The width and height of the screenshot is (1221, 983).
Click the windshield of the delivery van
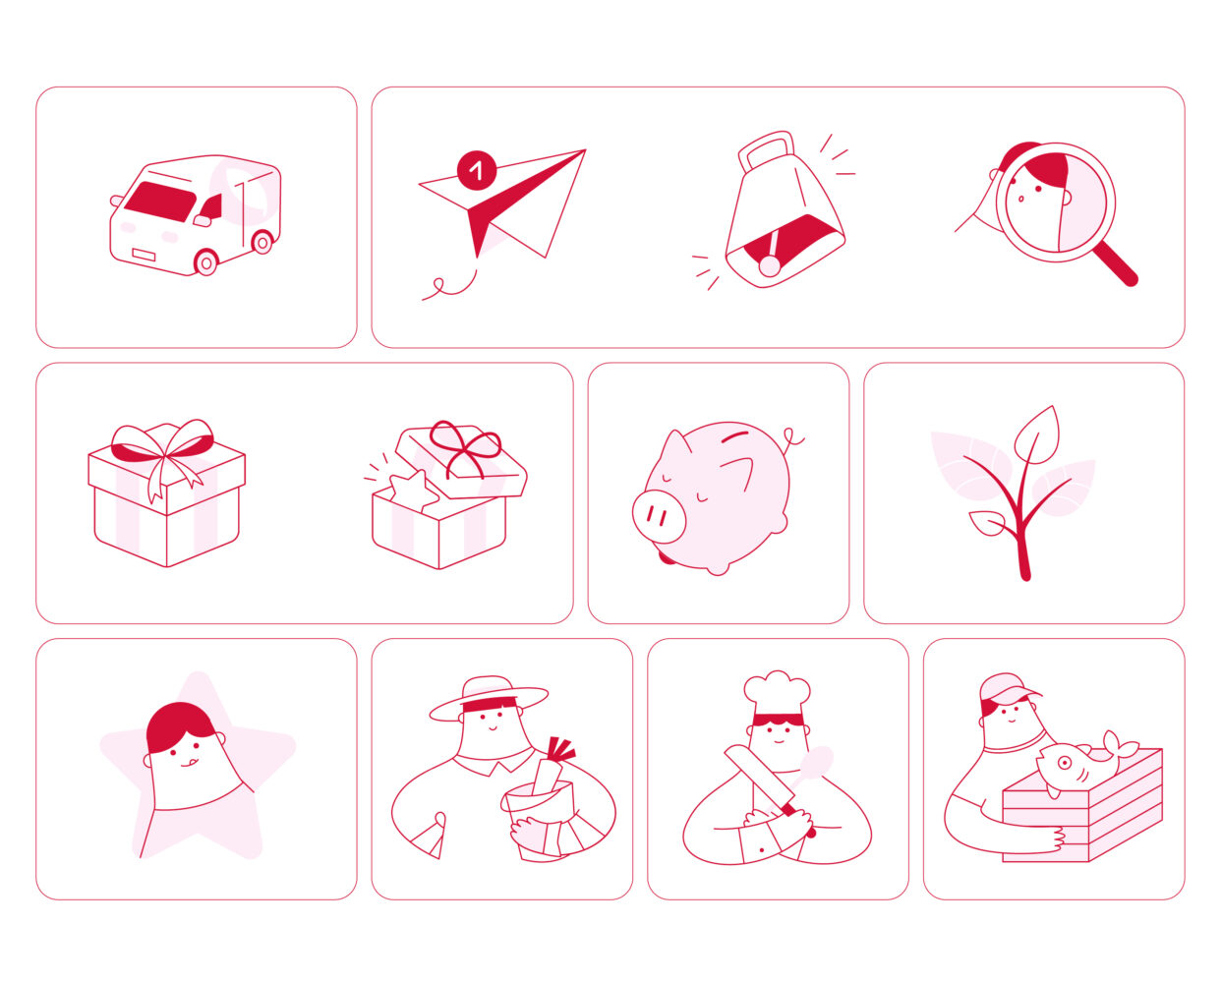(x=160, y=202)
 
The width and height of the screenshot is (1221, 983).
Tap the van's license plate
(x=144, y=255)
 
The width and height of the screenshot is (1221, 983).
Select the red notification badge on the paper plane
(x=477, y=170)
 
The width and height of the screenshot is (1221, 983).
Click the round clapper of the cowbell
(x=770, y=266)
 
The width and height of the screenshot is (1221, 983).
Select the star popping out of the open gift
(x=413, y=490)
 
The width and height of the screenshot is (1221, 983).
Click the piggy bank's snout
(x=659, y=516)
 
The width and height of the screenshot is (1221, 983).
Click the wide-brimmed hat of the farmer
(x=489, y=698)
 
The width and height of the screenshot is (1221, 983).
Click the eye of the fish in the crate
(x=1065, y=762)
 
